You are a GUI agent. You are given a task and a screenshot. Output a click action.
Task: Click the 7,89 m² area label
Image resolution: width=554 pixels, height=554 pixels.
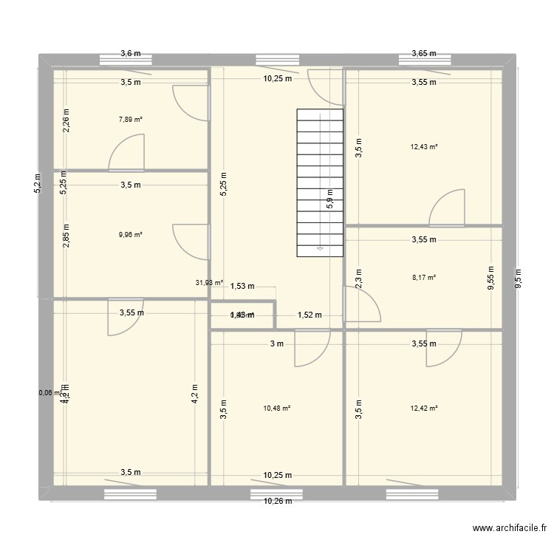[x=131, y=117]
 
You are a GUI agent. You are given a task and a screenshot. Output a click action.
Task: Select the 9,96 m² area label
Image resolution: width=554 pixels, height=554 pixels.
[x=131, y=235]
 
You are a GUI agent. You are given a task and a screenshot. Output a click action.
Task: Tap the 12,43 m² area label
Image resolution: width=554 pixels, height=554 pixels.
[x=424, y=146]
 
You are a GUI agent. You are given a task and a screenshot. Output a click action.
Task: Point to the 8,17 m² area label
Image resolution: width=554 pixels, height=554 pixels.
[x=424, y=278]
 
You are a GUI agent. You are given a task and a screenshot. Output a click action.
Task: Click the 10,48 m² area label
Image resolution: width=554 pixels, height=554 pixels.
[x=277, y=408]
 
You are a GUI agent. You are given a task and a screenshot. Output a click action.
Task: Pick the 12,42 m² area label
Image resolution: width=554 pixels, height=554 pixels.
[x=424, y=408]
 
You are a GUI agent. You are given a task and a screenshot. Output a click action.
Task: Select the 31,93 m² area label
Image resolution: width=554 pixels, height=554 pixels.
[x=209, y=282]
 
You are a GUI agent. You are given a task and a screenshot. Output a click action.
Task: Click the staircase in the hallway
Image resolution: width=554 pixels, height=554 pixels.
[x=321, y=182]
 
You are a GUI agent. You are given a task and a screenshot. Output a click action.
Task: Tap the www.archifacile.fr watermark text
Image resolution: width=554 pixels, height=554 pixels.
[x=509, y=528]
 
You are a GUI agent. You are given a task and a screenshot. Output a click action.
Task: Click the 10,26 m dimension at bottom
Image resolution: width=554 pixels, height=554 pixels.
[x=277, y=501]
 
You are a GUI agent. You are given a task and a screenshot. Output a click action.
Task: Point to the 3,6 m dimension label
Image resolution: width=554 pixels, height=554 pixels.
[x=131, y=53]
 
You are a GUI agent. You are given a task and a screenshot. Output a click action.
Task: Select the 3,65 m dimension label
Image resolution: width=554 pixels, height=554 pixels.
[x=424, y=53]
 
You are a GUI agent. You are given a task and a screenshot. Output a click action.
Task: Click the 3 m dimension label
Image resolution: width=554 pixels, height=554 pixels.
[x=277, y=343]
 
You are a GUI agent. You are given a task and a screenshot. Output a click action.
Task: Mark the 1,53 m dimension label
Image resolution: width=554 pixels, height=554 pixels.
[x=242, y=287]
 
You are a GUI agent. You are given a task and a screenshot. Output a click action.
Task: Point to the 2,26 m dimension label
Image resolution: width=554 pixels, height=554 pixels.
[x=66, y=120]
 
